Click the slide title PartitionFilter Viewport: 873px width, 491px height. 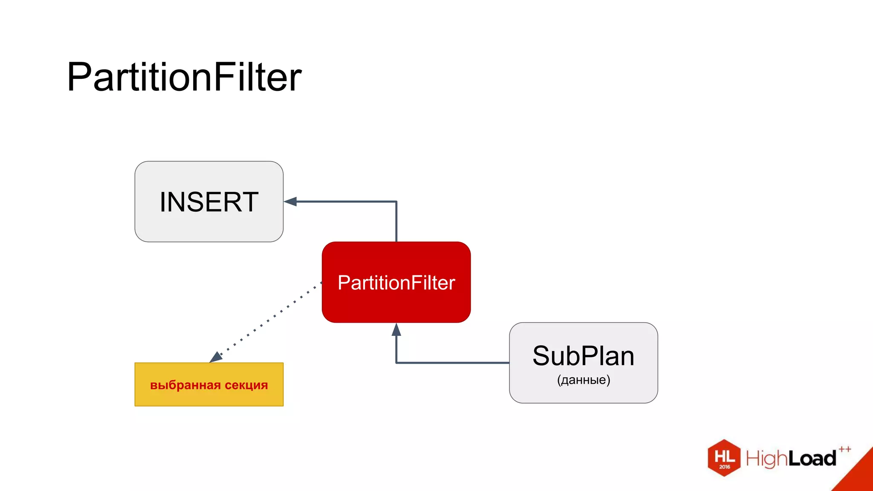(x=184, y=77)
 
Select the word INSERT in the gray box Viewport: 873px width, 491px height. (x=209, y=202)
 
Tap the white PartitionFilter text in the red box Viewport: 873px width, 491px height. (x=396, y=283)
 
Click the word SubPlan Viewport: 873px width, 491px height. (x=583, y=356)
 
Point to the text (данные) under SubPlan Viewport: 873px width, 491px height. (x=583, y=380)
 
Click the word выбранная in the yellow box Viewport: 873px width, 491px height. (x=185, y=385)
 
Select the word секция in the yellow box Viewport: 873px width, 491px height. (x=246, y=385)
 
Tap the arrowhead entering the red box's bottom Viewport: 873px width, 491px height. (x=396, y=329)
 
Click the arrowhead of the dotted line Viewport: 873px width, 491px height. (x=216, y=357)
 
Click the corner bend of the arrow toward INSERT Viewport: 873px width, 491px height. (x=396, y=202)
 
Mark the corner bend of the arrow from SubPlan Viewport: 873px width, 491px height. (x=396, y=363)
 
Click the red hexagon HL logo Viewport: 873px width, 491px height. (x=724, y=457)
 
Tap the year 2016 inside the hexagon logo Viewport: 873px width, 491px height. (x=725, y=467)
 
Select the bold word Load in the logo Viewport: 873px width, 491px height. (x=812, y=459)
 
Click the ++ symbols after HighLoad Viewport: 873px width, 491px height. (x=845, y=449)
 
